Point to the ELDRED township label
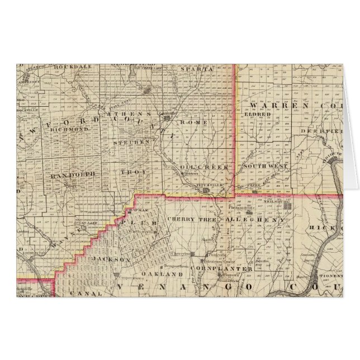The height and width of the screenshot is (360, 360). pyautogui.click(x=258, y=114)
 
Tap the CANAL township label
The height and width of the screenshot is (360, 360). pyautogui.click(x=89, y=292)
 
